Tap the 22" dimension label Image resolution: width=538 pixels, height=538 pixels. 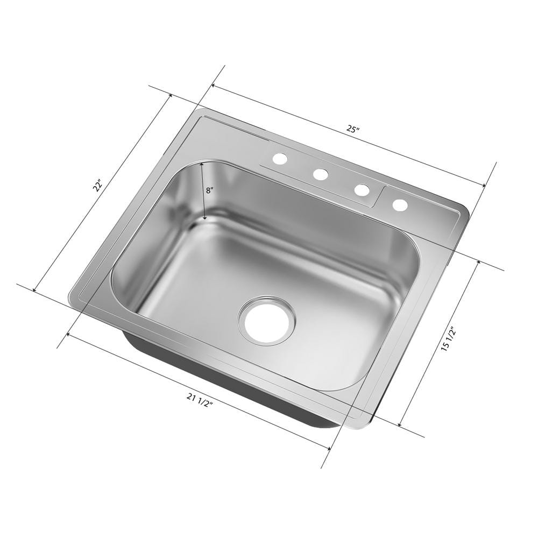coord(97,186)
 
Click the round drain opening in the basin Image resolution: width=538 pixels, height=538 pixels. coord(267,320)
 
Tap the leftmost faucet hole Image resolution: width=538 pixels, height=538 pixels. coord(280,158)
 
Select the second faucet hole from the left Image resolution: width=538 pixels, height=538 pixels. coord(321,174)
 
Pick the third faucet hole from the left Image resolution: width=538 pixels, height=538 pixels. coord(362,189)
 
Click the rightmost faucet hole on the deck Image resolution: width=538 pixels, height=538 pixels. coord(400,204)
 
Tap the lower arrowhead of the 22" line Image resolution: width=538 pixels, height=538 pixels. coord(35,290)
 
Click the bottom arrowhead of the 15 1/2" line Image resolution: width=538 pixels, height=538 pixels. coord(400,424)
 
